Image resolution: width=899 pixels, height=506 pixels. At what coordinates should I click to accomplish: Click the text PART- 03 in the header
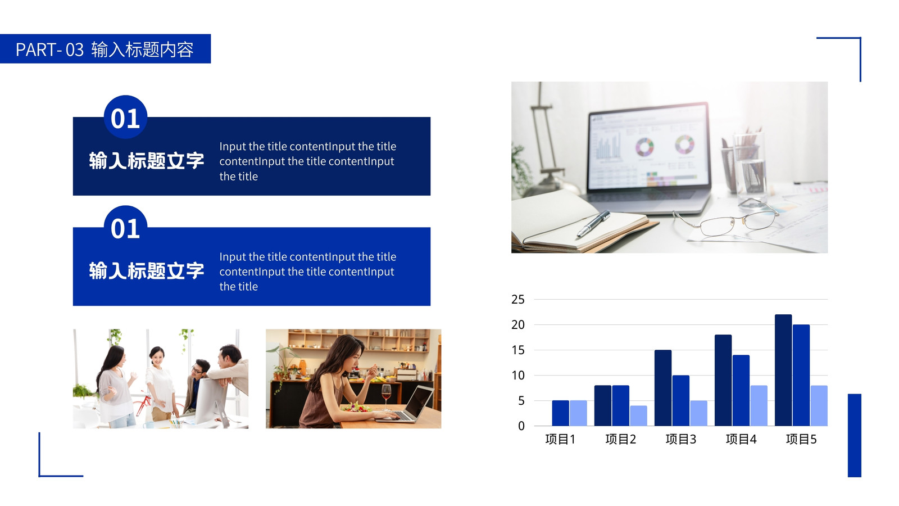[49, 50]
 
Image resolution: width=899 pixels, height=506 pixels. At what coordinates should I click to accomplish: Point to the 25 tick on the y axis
[517, 300]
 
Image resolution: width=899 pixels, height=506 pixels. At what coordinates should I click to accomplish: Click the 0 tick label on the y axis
[521, 426]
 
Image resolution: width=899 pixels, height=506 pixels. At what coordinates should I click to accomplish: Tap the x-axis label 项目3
[680, 439]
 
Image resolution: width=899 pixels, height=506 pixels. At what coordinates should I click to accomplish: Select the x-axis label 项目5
[801, 439]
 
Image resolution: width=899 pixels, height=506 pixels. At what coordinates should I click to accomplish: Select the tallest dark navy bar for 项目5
[783, 371]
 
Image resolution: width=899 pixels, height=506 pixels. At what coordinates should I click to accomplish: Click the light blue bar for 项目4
[759, 405]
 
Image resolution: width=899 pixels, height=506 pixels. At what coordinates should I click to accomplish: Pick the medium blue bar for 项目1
[560, 413]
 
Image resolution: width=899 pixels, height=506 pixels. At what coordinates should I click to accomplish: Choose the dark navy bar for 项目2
[602, 405]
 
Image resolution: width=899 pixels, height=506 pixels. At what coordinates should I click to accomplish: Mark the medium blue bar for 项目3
[680, 401]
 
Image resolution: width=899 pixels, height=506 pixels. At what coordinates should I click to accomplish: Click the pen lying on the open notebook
[593, 224]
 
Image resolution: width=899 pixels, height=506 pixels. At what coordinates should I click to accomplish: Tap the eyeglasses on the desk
[727, 219]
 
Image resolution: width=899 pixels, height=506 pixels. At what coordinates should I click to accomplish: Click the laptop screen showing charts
[648, 147]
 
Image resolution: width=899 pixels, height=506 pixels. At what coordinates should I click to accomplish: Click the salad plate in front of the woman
[356, 408]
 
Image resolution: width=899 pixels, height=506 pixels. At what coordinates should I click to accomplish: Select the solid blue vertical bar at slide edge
[855, 436]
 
